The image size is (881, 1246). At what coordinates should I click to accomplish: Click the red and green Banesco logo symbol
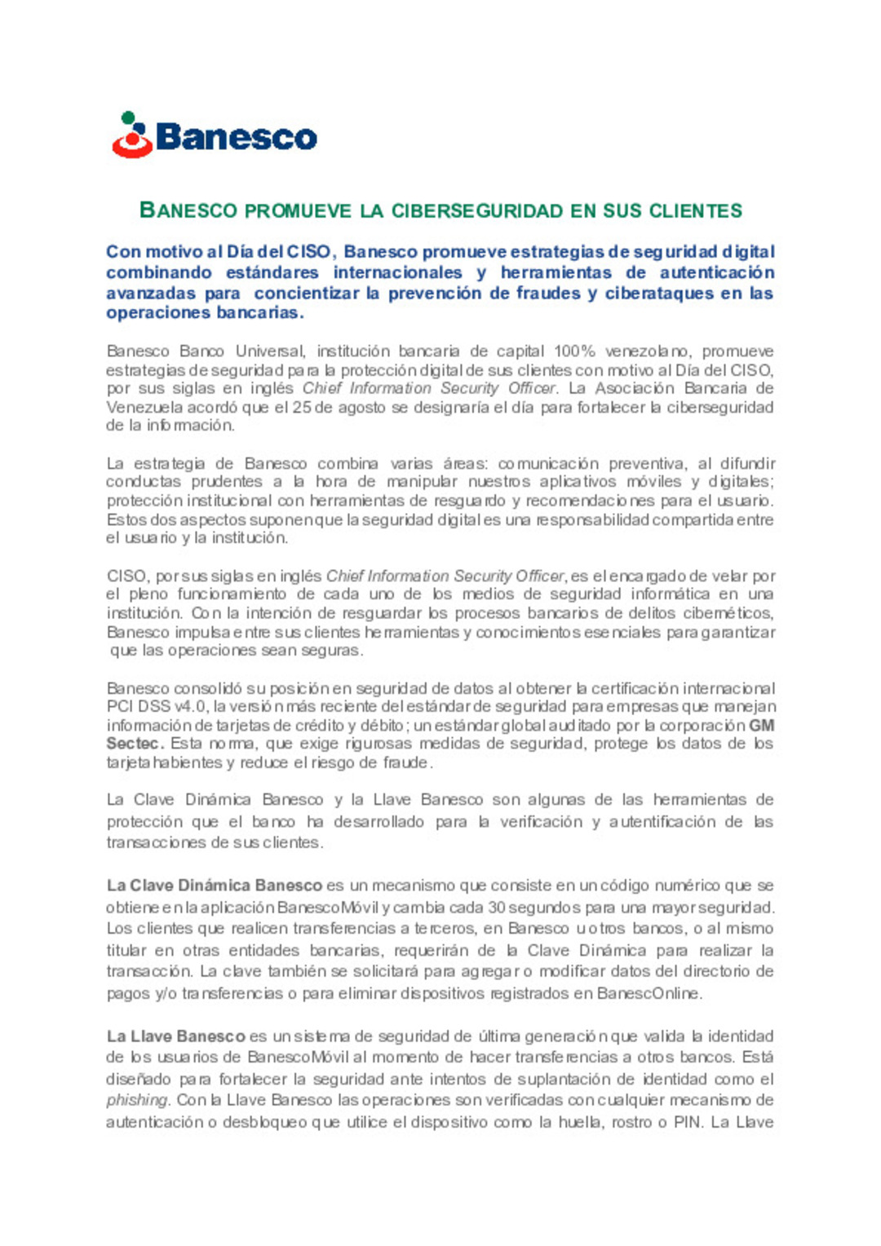132,135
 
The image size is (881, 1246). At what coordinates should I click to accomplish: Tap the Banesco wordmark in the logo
236,137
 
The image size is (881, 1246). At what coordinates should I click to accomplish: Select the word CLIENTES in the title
696,211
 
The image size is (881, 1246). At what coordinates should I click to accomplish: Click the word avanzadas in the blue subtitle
151,293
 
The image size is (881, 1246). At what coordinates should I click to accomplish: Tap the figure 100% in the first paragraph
574,351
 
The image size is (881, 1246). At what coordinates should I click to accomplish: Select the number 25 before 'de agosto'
301,407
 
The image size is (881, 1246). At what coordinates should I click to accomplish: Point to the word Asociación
634,388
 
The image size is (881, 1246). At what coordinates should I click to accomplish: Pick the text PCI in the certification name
120,706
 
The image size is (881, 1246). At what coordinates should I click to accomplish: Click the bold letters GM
762,725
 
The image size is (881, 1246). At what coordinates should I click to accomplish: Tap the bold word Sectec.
135,744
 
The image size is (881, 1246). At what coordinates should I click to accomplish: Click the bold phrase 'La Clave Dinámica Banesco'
214,886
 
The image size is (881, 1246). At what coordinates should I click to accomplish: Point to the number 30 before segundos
496,908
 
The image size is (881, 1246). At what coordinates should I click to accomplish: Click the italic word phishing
137,1100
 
